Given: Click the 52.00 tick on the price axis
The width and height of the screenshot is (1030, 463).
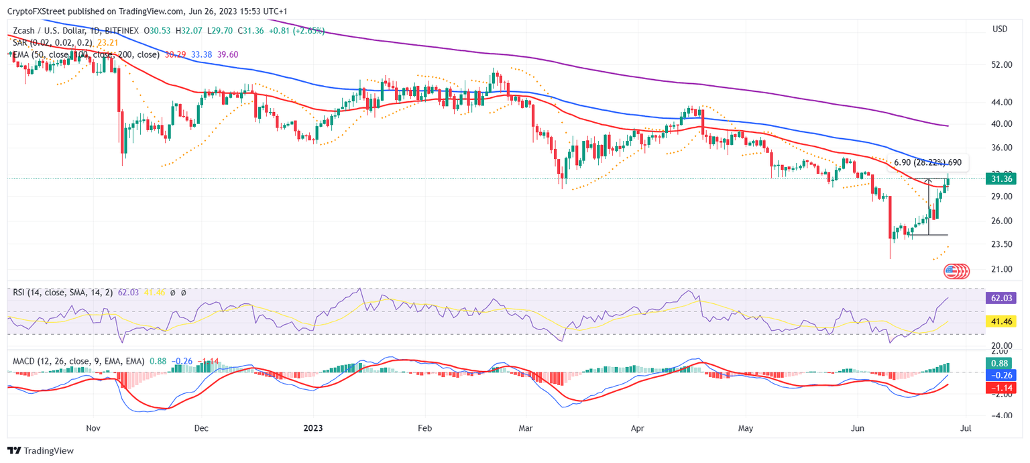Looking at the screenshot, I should point(1001,64).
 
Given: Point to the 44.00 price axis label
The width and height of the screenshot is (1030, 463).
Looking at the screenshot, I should point(1001,102).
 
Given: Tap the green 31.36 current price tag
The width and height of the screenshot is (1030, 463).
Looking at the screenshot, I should point(1001,178).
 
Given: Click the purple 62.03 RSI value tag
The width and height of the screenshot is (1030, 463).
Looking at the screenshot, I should point(1001,297).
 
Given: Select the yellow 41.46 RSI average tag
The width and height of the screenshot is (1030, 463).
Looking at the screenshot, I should point(1001,321).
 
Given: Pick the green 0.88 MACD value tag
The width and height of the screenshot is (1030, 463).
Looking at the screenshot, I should point(1001,363).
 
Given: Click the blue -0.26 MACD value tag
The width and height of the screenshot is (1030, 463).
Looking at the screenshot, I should point(1001,375).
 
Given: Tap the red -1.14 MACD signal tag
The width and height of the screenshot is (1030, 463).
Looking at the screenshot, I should point(1001,388).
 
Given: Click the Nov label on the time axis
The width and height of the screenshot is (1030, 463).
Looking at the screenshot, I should point(93,427).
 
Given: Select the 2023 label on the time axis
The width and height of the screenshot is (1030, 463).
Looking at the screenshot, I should point(313,427).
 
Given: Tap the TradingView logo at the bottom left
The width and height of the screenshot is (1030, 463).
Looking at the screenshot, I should point(40,451).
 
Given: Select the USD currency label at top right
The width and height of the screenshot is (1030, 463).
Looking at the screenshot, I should point(1000,29).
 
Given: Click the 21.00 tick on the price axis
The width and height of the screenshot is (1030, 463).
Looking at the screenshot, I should point(1001,269).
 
